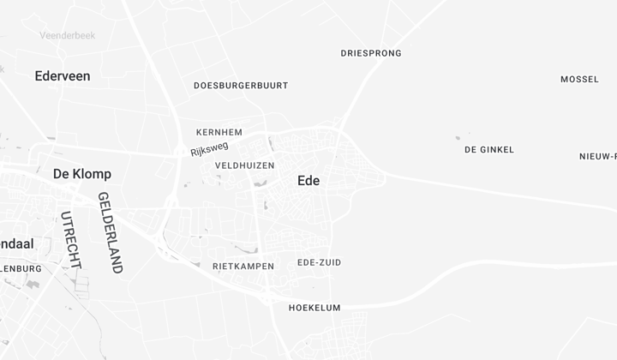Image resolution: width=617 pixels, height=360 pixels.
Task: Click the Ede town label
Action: tap(308, 181)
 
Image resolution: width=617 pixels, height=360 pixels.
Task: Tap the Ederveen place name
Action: tap(63, 76)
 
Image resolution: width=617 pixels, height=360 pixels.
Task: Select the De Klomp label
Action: tap(82, 174)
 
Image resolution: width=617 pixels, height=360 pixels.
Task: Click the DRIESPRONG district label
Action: tap(371, 53)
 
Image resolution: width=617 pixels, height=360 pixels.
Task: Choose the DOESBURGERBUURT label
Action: tap(241, 86)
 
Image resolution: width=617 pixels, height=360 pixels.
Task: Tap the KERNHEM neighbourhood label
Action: tap(219, 132)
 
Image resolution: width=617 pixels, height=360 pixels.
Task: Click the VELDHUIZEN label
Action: tap(244, 165)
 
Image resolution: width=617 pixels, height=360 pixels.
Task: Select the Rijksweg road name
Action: tap(210, 149)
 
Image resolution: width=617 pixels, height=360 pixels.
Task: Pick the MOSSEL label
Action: tap(580, 80)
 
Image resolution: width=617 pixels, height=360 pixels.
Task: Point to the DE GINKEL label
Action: tap(489, 150)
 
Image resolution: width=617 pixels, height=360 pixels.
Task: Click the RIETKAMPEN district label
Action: tap(243, 267)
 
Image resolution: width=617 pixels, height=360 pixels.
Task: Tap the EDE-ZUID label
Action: tap(319, 262)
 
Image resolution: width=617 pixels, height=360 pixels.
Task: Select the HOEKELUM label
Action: tap(314, 308)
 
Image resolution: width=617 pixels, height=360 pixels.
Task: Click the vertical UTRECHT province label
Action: tap(70, 240)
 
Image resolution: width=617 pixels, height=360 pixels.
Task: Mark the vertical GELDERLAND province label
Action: tap(111, 232)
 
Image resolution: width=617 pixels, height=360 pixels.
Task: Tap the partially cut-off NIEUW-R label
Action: tap(598, 156)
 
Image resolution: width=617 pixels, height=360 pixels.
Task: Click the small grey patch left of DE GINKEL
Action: tap(458, 137)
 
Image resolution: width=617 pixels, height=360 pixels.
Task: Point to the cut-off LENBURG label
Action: tap(21, 268)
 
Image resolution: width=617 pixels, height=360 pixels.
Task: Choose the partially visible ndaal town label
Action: tap(17, 244)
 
